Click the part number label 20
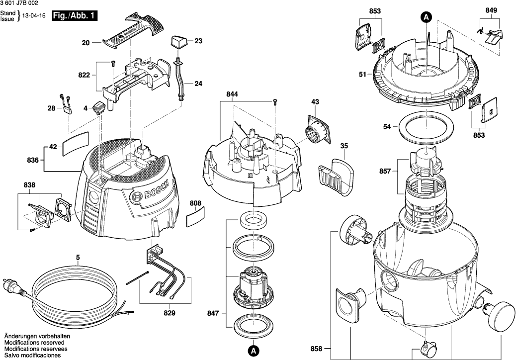pos(85,43)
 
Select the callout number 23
pos(198,41)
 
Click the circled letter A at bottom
pos(253,351)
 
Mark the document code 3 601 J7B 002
pos(19,3)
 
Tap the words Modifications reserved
pos(34,343)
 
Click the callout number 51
pos(363,75)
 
